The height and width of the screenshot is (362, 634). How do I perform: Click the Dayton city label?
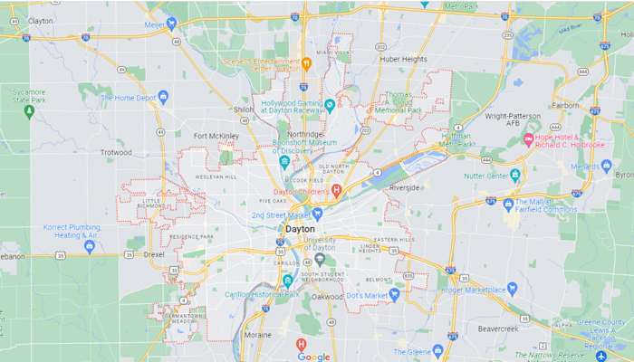click(x=300, y=230)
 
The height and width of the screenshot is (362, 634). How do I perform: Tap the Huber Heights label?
click(x=403, y=59)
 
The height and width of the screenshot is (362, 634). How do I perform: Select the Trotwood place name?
click(x=116, y=152)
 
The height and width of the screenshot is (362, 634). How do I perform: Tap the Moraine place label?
click(x=257, y=334)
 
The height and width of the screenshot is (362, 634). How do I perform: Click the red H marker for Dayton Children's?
click(x=336, y=189)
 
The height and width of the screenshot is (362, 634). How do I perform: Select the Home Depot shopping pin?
click(x=164, y=96)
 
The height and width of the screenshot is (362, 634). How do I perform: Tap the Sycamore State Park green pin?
click(x=29, y=111)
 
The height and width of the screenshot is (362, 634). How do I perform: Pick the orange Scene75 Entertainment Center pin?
click(x=307, y=63)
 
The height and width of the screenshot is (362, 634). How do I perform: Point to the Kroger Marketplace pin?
click(x=512, y=290)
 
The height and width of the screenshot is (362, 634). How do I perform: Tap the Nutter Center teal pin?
click(x=515, y=175)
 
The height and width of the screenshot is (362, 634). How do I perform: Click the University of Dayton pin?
click(x=319, y=259)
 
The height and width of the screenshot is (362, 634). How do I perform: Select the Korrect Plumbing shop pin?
click(x=90, y=245)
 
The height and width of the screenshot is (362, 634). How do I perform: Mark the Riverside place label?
click(x=403, y=188)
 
